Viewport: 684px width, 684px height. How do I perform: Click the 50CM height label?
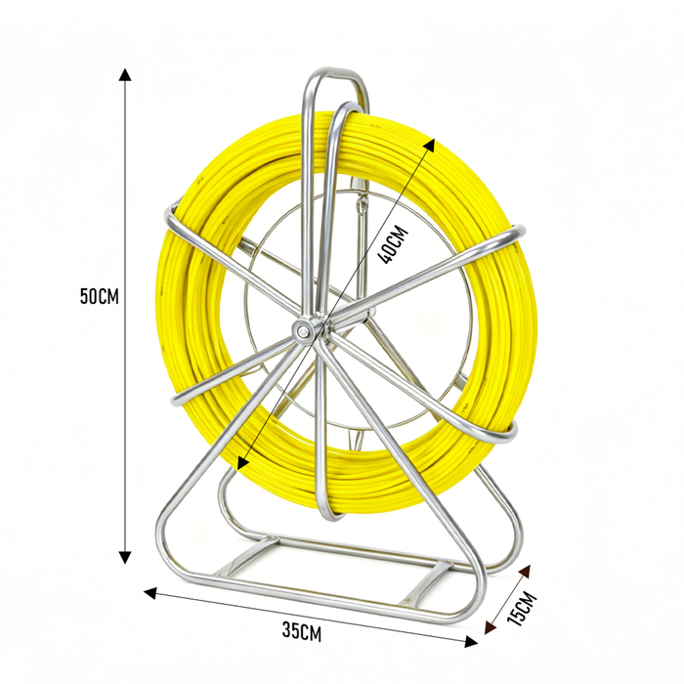[99, 296]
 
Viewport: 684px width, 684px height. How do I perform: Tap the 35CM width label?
[301, 632]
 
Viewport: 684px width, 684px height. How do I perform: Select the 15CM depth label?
[523, 609]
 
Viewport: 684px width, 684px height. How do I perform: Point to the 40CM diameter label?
[393, 245]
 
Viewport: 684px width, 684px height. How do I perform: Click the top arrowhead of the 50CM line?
[125, 74]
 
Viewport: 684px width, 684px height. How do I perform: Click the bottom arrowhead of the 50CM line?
[125, 557]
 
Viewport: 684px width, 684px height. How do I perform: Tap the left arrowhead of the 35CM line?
[150, 593]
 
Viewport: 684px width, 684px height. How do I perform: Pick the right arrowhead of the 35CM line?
[471, 641]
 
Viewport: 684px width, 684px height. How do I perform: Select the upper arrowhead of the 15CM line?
[525, 572]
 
